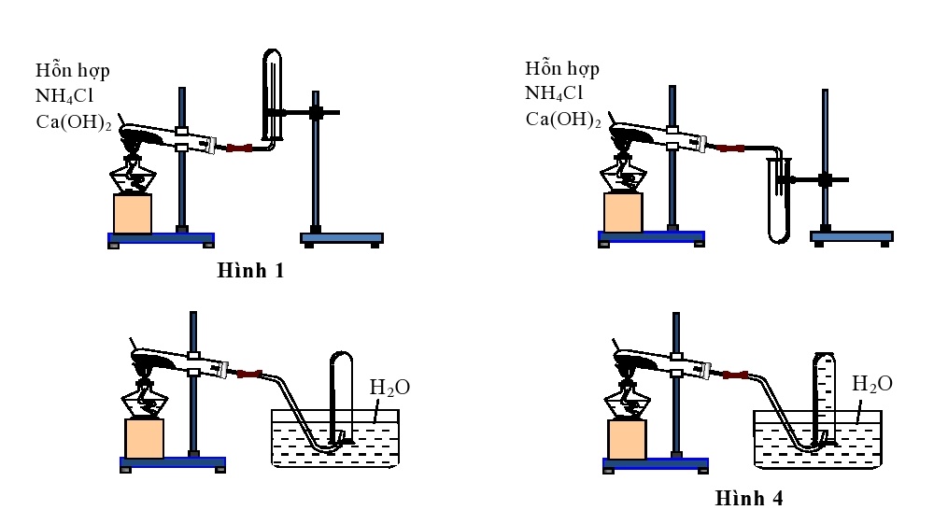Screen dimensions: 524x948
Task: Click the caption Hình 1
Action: pyautogui.click(x=250, y=272)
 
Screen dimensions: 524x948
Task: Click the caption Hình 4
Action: pyautogui.click(x=749, y=498)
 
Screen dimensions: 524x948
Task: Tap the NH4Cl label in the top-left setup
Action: pyautogui.click(x=65, y=94)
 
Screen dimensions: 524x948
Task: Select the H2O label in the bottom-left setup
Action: pyautogui.click(x=390, y=386)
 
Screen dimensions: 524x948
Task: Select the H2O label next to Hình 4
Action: pyautogui.click(x=872, y=383)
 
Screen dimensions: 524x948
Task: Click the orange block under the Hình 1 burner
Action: pyautogui.click(x=133, y=214)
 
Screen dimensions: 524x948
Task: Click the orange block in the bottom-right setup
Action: pyautogui.click(x=627, y=439)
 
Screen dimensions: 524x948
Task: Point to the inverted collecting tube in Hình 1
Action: pyautogui.click(x=272, y=93)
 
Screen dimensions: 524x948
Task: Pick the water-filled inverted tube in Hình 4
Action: pyautogui.click(x=823, y=392)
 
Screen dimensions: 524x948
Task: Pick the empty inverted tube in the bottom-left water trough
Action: pyautogui.click(x=341, y=392)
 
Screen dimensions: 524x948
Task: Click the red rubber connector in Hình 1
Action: pyautogui.click(x=241, y=149)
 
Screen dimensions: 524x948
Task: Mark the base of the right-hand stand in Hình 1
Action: pyautogui.click(x=342, y=238)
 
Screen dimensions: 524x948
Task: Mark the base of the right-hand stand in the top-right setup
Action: pyautogui.click(x=851, y=238)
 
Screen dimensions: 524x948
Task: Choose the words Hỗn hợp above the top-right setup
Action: pyautogui.click(x=562, y=69)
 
